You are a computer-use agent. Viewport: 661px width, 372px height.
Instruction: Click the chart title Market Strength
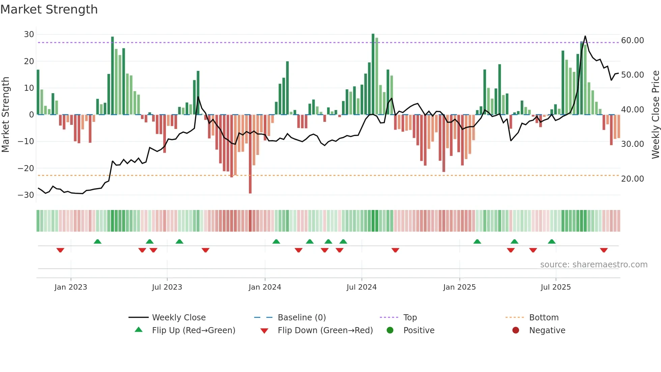(49, 9)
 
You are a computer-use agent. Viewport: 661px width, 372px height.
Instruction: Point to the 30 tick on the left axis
(29, 34)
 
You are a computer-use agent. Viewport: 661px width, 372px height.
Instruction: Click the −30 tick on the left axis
(26, 195)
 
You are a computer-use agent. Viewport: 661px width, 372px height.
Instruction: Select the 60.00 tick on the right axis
(632, 41)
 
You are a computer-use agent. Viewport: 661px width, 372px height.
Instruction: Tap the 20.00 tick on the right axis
(632, 179)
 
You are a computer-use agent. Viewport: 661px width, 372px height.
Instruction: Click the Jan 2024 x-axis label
(265, 287)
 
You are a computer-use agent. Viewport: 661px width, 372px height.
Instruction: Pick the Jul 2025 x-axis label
(555, 287)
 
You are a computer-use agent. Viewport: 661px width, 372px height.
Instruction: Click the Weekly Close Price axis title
(655, 115)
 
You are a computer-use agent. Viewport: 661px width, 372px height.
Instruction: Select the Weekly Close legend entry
(178, 318)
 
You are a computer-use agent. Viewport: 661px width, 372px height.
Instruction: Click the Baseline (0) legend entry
(301, 318)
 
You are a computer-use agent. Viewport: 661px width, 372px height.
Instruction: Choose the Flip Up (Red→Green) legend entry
(193, 330)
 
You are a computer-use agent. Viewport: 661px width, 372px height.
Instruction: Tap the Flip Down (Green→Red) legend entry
(325, 330)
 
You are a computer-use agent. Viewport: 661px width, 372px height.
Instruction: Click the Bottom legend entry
(544, 318)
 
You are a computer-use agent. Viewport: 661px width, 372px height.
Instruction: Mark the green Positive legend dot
(390, 330)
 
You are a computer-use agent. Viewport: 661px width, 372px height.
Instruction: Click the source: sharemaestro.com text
(594, 265)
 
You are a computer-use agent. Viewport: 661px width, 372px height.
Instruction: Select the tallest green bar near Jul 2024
(373, 74)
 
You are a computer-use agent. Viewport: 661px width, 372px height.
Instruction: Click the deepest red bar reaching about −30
(250, 155)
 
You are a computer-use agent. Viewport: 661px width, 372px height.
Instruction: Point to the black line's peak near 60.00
(585, 36)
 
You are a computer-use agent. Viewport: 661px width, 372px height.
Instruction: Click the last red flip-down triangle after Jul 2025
(604, 250)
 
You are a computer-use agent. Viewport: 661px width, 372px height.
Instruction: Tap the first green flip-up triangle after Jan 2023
(97, 242)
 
